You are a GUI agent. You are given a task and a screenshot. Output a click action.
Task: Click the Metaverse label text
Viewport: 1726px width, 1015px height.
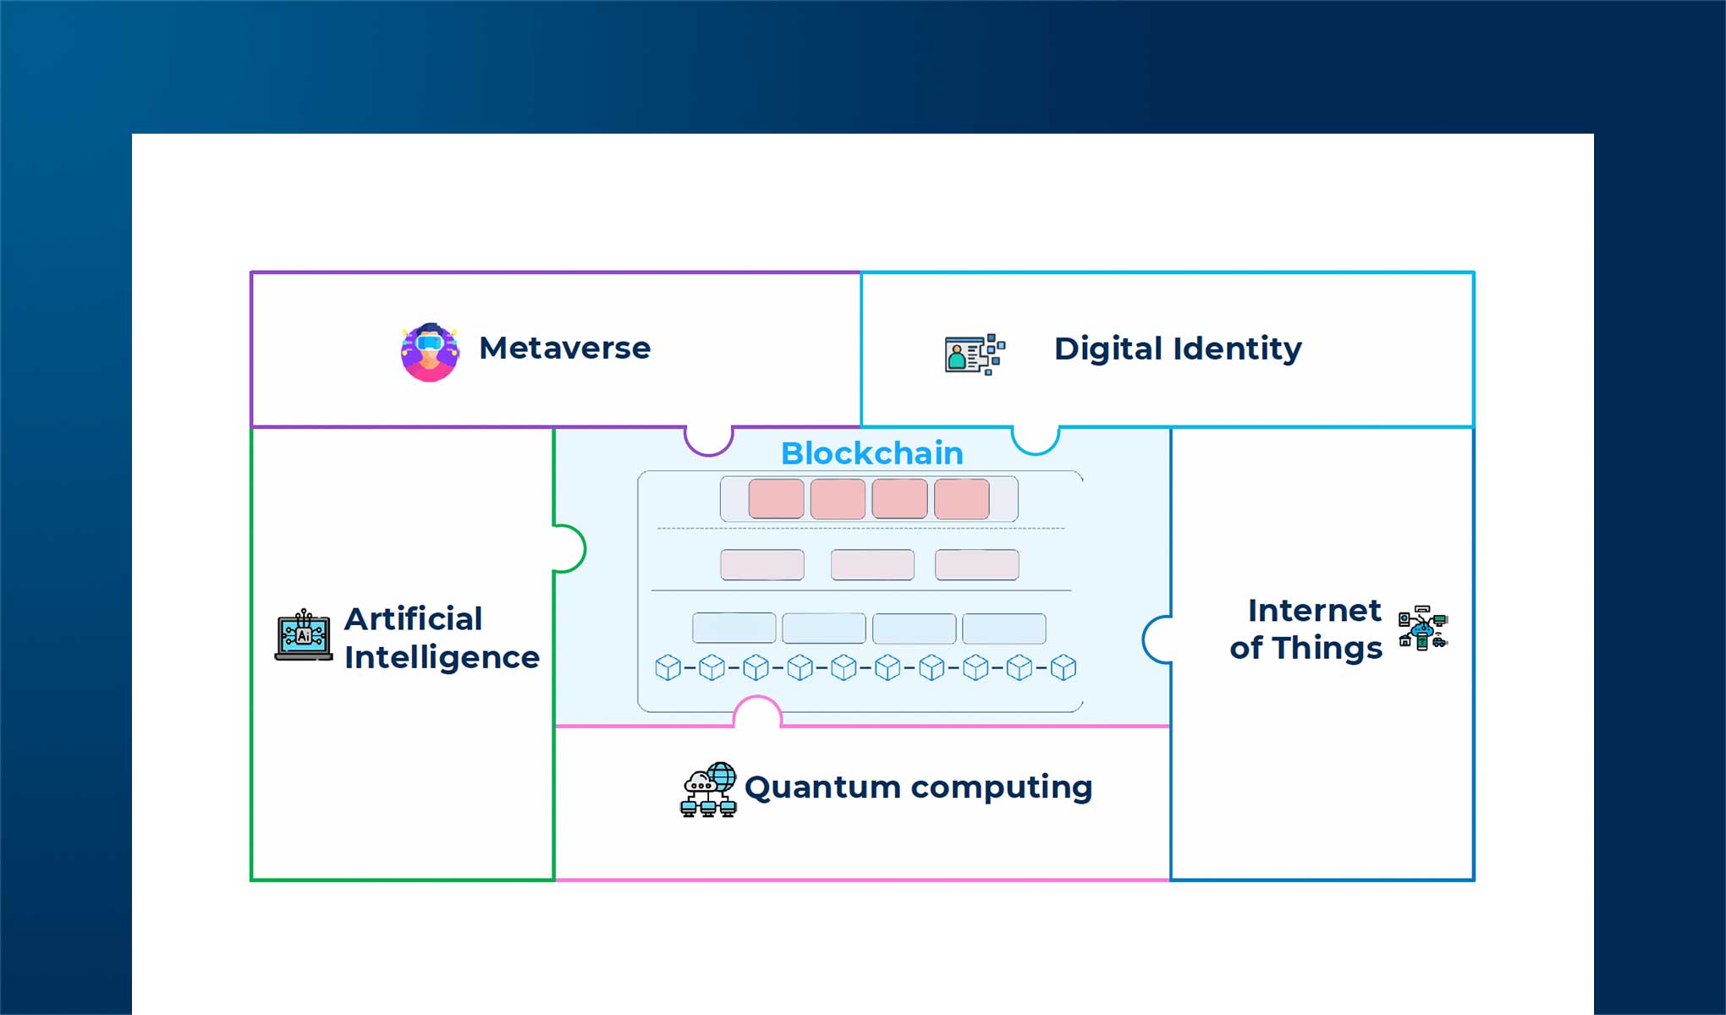coord(564,348)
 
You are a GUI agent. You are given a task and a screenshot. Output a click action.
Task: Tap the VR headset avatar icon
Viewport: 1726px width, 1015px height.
coord(430,352)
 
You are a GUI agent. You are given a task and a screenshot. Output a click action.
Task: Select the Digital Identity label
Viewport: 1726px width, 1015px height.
coord(1177,348)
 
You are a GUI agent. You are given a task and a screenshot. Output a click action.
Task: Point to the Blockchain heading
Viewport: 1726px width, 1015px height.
coord(871,453)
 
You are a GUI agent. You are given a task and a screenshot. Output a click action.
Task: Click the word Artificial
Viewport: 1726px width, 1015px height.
coord(413,619)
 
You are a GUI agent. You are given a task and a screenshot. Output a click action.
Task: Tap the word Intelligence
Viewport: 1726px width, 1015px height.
coord(441,657)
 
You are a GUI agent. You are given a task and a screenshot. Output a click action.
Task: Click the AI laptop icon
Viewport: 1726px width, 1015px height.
coord(304,635)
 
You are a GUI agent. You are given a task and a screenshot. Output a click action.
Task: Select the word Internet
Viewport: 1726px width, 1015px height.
coord(1313,610)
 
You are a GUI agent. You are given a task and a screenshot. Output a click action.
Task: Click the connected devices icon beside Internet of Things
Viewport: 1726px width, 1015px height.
coord(1422,628)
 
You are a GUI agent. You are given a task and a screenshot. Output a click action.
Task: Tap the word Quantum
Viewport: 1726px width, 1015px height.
coord(822,787)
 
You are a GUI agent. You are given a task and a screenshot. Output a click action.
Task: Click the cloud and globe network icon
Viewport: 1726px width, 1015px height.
coord(708,789)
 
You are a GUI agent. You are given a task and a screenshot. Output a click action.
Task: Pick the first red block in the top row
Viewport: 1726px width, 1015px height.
coord(776,498)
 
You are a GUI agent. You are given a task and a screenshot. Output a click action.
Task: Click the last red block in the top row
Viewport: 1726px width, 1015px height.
coord(962,498)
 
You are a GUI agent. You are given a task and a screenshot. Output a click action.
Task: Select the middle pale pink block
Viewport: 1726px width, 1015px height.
coord(871,564)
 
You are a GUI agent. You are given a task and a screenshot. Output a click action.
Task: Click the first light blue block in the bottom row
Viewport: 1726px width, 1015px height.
coord(734,628)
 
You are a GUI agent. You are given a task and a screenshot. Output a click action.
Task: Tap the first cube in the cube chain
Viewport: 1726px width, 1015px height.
coord(668,668)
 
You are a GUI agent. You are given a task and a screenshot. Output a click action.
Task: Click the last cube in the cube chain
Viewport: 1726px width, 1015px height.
coord(1063,668)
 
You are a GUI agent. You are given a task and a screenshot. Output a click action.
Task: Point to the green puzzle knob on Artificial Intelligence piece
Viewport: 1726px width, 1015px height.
coord(569,548)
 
